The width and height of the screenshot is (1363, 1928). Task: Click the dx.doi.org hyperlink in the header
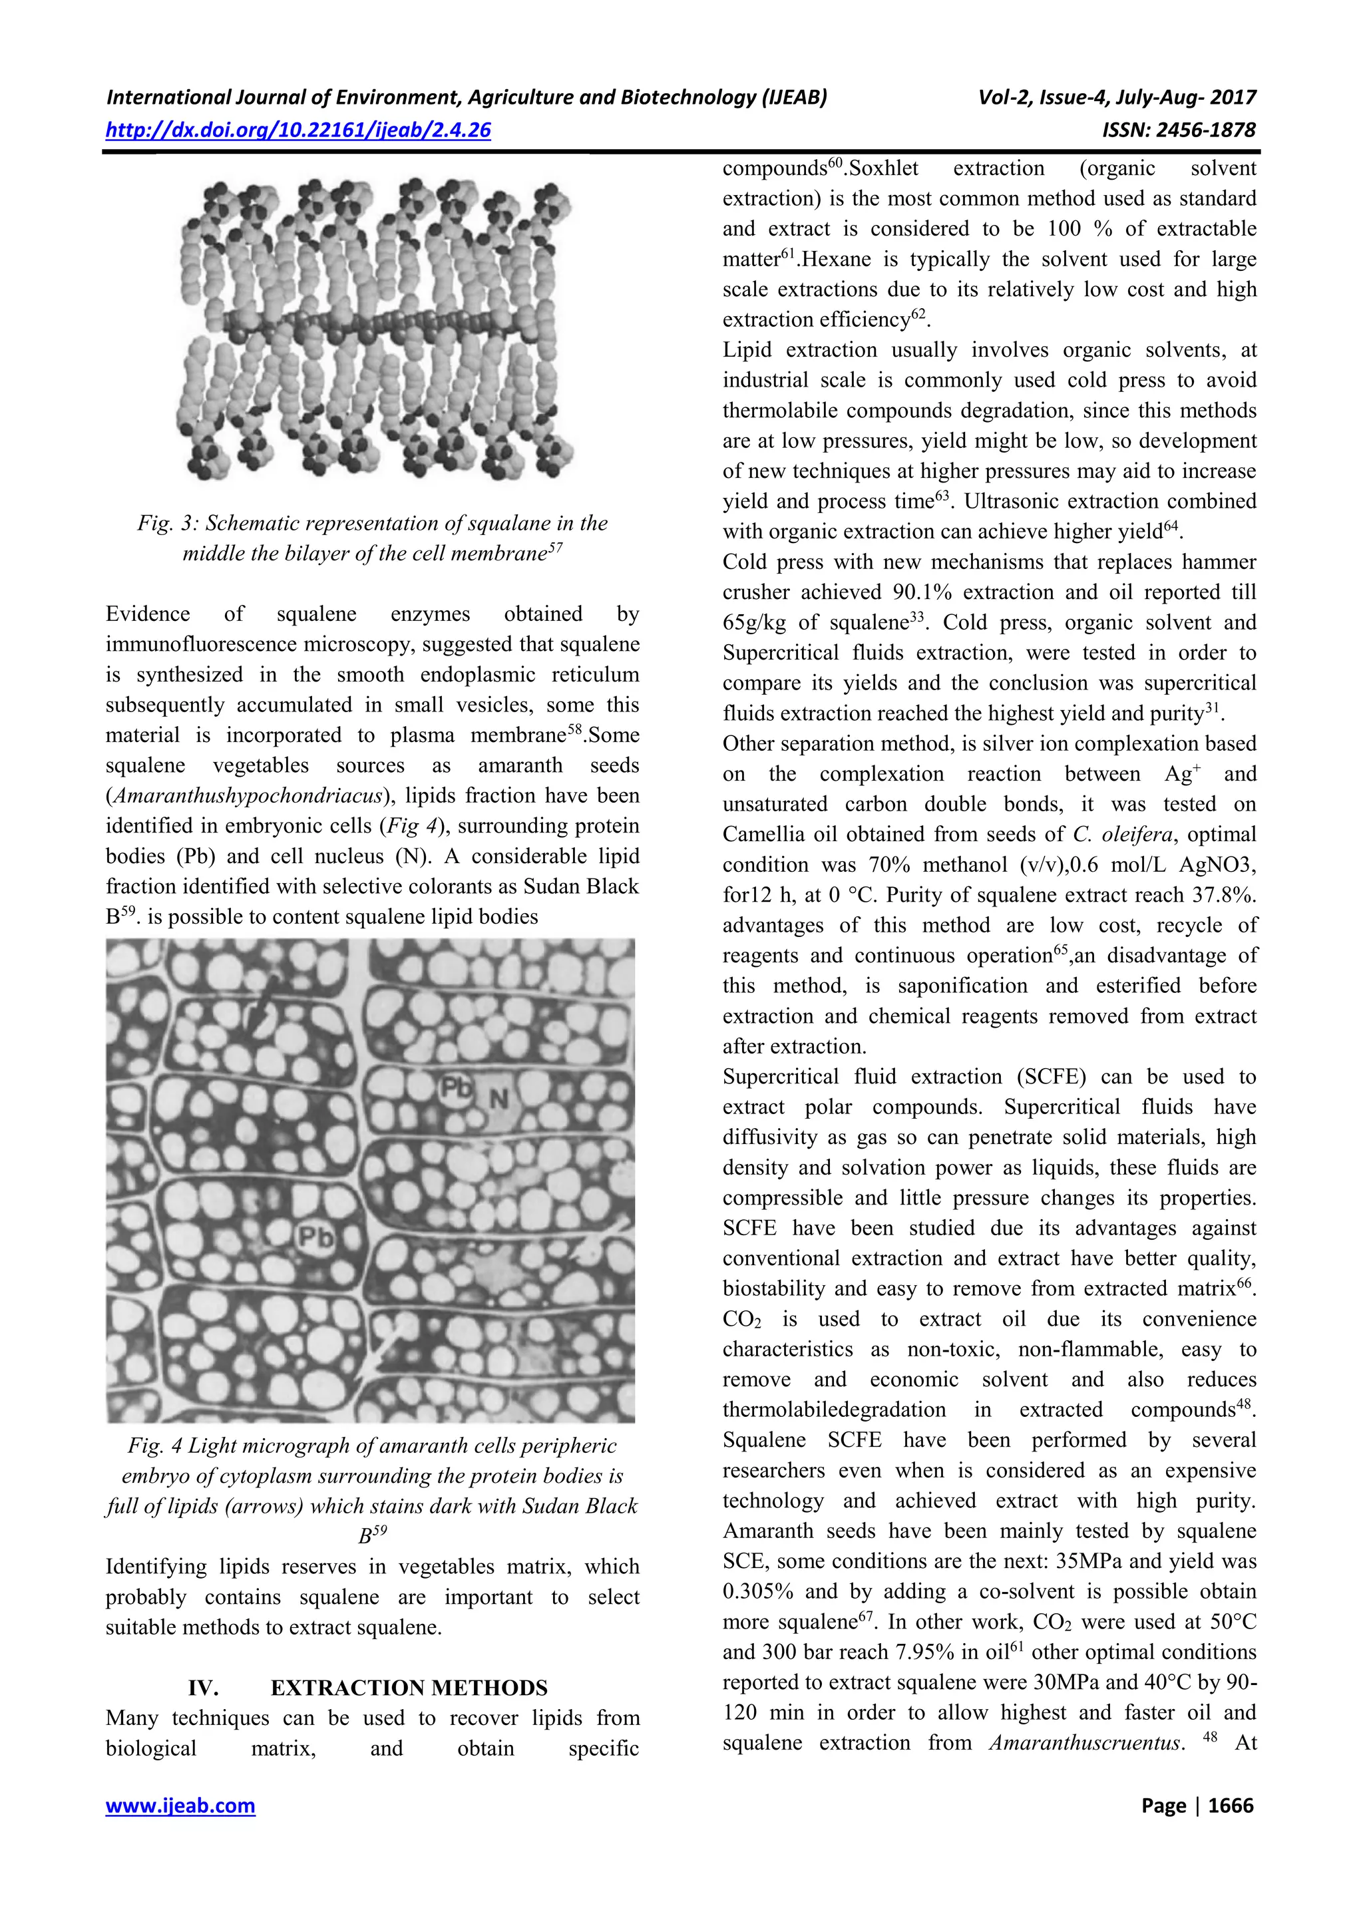tap(298, 130)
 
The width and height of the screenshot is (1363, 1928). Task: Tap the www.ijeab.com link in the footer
tap(180, 1806)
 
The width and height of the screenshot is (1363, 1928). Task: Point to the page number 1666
tap(1231, 1806)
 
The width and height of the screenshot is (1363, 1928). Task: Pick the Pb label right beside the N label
tap(458, 1089)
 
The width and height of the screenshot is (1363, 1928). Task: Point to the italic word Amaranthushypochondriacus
tap(249, 796)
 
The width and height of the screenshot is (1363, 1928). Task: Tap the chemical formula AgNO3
tap(1209, 865)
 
